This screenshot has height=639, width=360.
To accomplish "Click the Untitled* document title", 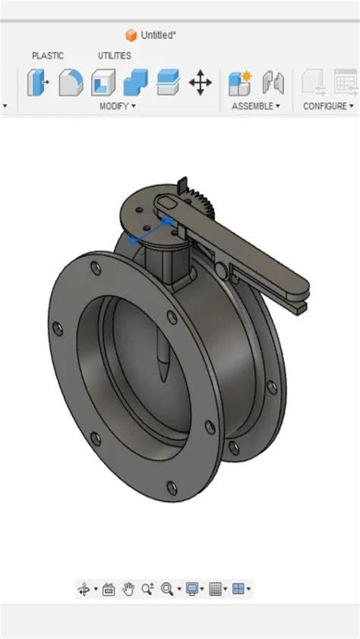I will pyautogui.click(x=158, y=35).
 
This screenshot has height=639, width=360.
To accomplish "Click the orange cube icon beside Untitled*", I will pyautogui.click(x=131, y=35).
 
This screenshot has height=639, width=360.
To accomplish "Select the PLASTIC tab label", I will pyautogui.click(x=48, y=55).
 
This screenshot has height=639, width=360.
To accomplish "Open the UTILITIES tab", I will pyautogui.click(x=114, y=55).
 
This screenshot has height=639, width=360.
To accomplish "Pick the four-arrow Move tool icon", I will pyautogui.click(x=201, y=83).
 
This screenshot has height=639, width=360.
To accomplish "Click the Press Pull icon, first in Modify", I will pyautogui.click(x=38, y=83).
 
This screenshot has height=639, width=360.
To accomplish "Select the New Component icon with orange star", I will pyautogui.click(x=240, y=83).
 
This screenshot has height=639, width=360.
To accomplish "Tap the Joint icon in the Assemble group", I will pyautogui.click(x=273, y=83).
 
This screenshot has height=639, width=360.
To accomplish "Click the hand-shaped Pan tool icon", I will pyautogui.click(x=128, y=589).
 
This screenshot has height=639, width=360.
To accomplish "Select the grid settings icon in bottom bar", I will pyautogui.click(x=215, y=589).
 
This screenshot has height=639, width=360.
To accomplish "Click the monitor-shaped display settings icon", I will pyautogui.click(x=192, y=589).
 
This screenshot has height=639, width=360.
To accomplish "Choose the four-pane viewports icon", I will pyautogui.click(x=238, y=589).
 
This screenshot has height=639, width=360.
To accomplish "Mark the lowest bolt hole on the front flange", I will pyautogui.click(x=172, y=487).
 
